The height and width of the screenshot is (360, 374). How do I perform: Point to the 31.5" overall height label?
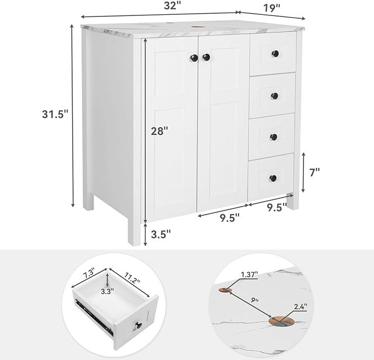click(x=56, y=114)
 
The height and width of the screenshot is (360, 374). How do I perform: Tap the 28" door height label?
click(x=159, y=130)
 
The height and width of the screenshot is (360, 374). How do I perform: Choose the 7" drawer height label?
click(x=315, y=172)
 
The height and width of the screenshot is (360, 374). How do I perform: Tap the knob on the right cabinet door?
click(x=207, y=57)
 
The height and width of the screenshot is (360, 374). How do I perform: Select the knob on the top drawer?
click(x=275, y=53)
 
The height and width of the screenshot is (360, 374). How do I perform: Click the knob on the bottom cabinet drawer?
click(x=274, y=178)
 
